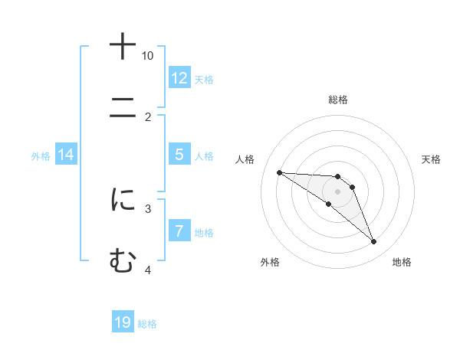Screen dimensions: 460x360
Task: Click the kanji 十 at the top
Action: (x=123, y=46)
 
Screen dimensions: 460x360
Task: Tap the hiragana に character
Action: (x=123, y=200)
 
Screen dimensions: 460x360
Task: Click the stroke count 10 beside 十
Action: (x=148, y=56)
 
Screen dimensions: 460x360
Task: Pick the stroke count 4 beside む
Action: (x=148, y=270)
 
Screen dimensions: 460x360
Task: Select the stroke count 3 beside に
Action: (x=148, y=208)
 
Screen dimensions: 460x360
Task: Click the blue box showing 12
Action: (x=179, y=78)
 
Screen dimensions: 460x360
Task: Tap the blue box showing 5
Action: (x=179, y=155)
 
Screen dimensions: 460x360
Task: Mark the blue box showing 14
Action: (x=66, y=155)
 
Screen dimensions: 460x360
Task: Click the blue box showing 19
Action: (x=123, y=322)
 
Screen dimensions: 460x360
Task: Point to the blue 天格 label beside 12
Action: (x=204, y=79)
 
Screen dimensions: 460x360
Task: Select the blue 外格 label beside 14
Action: (x=41, y=155)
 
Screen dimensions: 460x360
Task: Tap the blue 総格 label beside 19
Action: (x=147, y=323)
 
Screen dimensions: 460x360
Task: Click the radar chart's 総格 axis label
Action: (x=338, y=100)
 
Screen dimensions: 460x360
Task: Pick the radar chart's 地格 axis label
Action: (x=402, y=262)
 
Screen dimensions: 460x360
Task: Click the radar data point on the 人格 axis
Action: (x=279, y=172)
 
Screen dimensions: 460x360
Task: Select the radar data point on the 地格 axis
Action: (x=373, y=242)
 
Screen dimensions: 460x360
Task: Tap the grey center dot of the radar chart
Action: (x=337, y=191)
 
